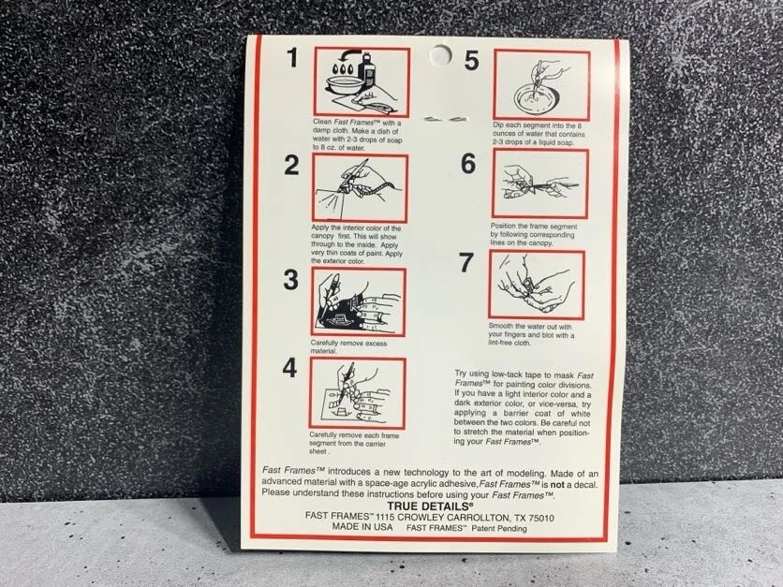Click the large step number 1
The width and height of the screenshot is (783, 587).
292,57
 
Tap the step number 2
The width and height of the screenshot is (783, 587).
291,165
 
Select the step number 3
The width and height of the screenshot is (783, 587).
290,280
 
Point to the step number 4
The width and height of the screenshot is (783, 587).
289,368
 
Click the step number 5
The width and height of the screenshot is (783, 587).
471,61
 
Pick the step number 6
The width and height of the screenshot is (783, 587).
468,164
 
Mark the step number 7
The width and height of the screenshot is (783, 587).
465,262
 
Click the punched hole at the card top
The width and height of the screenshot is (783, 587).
440,55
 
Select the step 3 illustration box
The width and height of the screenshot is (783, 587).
358,301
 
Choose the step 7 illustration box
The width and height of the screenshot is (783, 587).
537,285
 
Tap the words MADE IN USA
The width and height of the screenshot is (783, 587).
362,526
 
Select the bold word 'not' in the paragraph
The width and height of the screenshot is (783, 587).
557,484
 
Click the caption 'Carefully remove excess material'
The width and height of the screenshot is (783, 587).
348,347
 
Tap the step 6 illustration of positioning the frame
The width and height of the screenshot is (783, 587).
540,183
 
